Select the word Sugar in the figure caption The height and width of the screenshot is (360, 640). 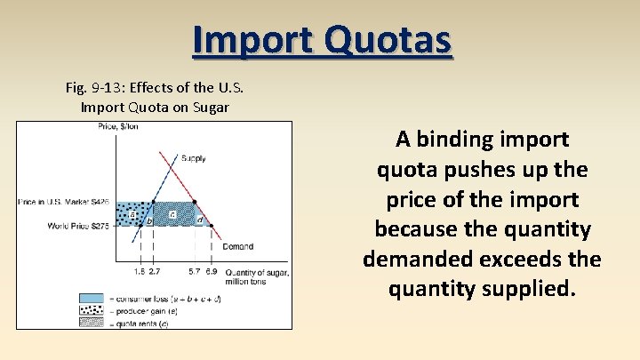(x=210, y=108)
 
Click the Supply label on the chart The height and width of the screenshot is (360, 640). (x=194, y=158)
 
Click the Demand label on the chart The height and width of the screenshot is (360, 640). (x=237, y=246)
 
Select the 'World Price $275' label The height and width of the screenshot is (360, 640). (x=78, y=227)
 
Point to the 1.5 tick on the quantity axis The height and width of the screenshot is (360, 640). (x=140, y=270)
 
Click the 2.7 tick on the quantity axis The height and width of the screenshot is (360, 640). (x=154, y=270)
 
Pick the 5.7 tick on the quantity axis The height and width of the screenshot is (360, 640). (x=194, y=270)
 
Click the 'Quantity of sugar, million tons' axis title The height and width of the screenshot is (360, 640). (x=256, y=276)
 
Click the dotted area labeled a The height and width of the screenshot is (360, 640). (x=132, y=214)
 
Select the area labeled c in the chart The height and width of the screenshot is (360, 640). (x=172, y=214)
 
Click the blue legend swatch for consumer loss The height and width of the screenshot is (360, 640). (x=91, y=298)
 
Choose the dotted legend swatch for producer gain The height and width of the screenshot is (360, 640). (x=91, y=310)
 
